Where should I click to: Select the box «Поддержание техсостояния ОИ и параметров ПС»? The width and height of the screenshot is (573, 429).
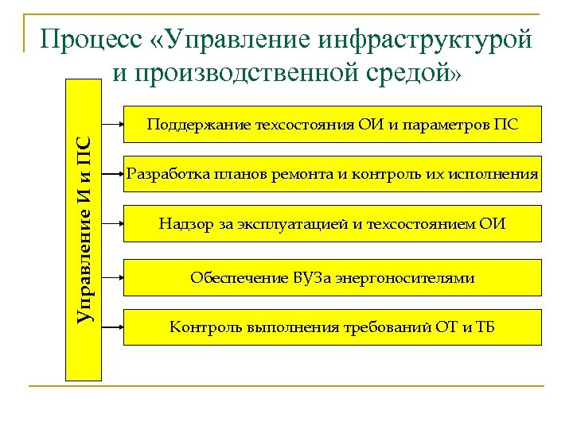click(332, 124)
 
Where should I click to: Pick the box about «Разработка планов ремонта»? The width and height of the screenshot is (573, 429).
click(332, 174)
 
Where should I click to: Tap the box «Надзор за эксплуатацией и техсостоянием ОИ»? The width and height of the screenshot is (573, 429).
click(332, 224)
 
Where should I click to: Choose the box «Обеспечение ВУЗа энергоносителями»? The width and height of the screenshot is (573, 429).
click(332, 277)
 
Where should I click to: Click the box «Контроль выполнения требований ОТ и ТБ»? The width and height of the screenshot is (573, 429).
click(332, 327)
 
